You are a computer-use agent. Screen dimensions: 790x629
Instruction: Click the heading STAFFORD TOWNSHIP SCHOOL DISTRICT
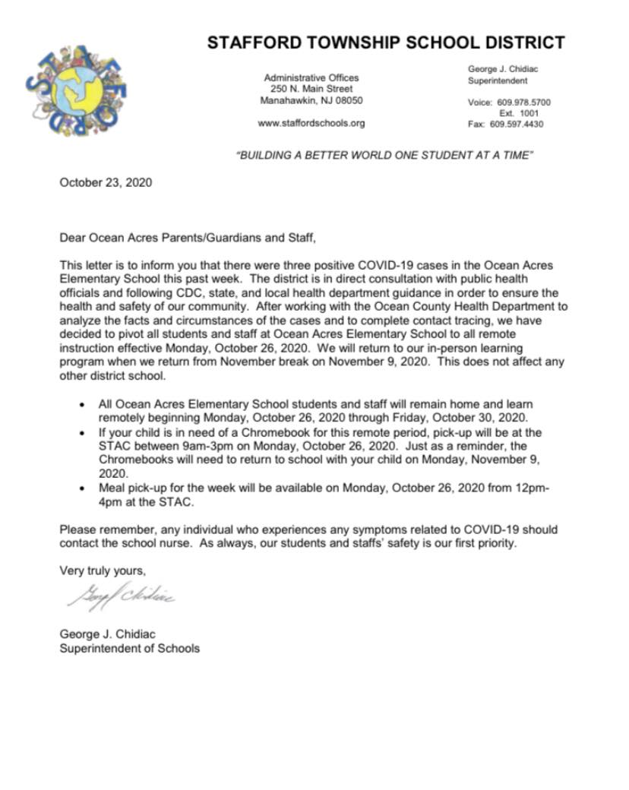(x=386, y=43)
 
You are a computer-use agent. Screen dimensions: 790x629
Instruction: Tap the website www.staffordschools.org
(x=311, y=123)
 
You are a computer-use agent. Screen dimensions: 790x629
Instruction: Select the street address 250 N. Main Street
(x=311, y=89)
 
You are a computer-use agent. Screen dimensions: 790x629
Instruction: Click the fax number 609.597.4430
(x=517, y=124)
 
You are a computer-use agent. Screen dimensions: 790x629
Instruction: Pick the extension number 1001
(x=529, y=113)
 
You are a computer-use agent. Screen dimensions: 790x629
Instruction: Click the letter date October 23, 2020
(x=106, y=182)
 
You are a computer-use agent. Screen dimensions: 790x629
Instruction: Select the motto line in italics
(x=386, y=155)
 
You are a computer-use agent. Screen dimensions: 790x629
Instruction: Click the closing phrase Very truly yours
(x=103, y=570)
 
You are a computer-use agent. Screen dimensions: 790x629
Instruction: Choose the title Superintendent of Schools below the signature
(x=129, y=648)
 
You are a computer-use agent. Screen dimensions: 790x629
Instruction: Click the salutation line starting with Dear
(x=187, y=238)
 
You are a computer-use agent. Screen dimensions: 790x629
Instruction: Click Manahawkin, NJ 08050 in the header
(x=311, y=100)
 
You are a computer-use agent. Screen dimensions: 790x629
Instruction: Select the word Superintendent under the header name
(x=498, y=81)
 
